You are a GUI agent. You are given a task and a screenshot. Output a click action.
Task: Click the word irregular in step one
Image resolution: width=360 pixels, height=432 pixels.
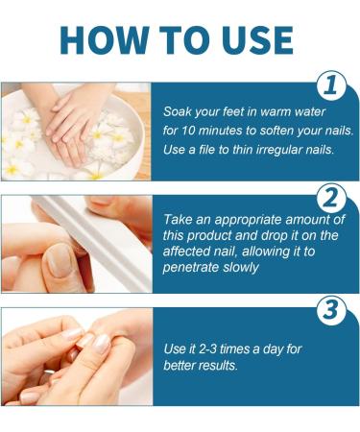pyautogui.click(x=276, y=151)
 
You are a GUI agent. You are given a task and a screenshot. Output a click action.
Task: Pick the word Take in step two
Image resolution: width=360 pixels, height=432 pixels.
pyautogui.click(x=180, y=219)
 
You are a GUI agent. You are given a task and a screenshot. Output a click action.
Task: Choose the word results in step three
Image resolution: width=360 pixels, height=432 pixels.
pyautogui.click(x=227, y=367)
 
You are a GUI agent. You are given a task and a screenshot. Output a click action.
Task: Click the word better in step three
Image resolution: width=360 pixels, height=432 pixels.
pyautogui.click(x=182, y=367)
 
